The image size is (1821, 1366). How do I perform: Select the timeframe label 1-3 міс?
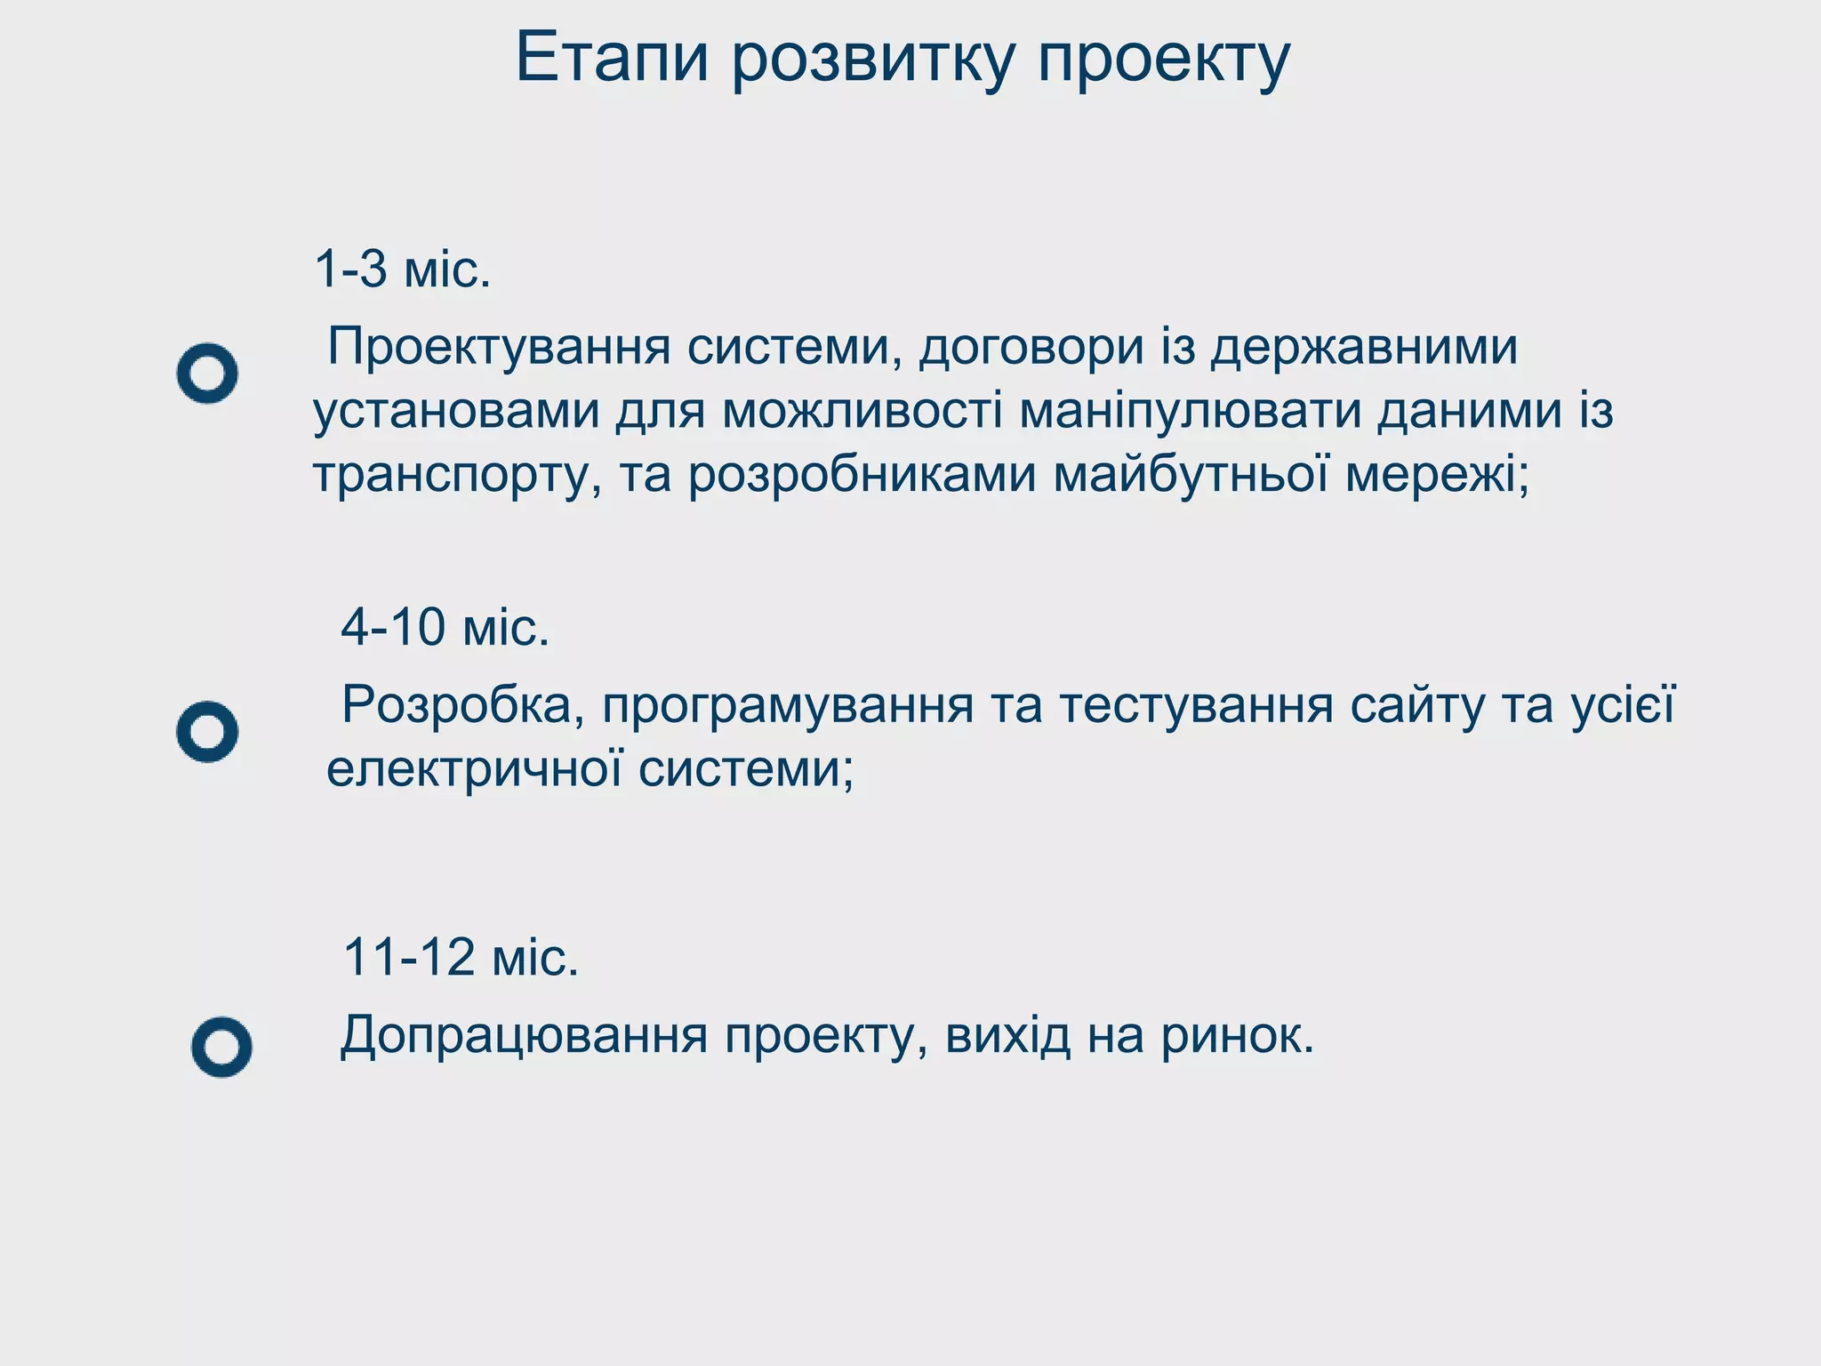[402, 269]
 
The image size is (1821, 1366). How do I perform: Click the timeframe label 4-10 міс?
[445, 627]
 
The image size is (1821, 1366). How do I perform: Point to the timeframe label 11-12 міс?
[461, 957]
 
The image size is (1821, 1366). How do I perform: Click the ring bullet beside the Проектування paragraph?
[207, 374]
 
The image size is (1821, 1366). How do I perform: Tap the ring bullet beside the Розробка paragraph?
[207, 732]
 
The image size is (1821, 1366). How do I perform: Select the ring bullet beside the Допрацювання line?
[221, 1047]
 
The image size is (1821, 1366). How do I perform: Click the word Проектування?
[499, 347]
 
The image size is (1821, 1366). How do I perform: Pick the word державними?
[1365, 347]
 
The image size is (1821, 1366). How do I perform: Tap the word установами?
[456, 411]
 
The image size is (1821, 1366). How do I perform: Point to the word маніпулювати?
[1190, 411]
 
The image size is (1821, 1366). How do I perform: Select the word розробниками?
[862, 474]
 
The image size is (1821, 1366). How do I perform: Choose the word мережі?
[1437, 474]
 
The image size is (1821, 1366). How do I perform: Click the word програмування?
[788, 706]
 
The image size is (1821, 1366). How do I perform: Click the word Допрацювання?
[524, 1037]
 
